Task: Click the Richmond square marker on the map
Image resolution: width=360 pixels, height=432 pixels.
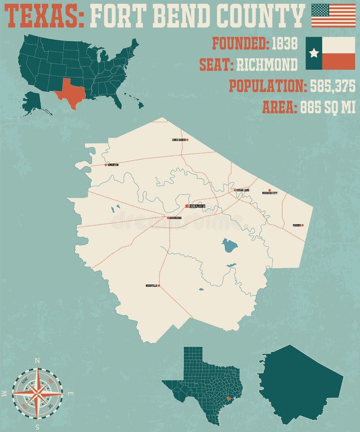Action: [x=187, y=206]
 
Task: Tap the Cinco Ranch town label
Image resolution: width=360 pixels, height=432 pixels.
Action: [x=178, y=140]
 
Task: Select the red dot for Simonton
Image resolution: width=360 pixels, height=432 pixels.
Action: [x=106, y=165]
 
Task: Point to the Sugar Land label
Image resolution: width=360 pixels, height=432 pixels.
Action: [x=243, y=190]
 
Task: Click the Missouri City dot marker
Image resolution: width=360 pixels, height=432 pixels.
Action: [x=269, y=190]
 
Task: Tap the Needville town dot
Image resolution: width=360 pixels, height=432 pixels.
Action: [x=159, y=286]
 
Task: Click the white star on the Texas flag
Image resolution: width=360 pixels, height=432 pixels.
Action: [x=314, y=53]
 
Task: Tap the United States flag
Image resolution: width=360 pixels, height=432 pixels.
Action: [x=334, y=15]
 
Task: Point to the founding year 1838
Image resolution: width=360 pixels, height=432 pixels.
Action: [x=284, y=44]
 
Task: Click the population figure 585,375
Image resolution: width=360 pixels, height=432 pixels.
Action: [x=333, y=86]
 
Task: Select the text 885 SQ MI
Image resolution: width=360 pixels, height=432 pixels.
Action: [x=328, y=108]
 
